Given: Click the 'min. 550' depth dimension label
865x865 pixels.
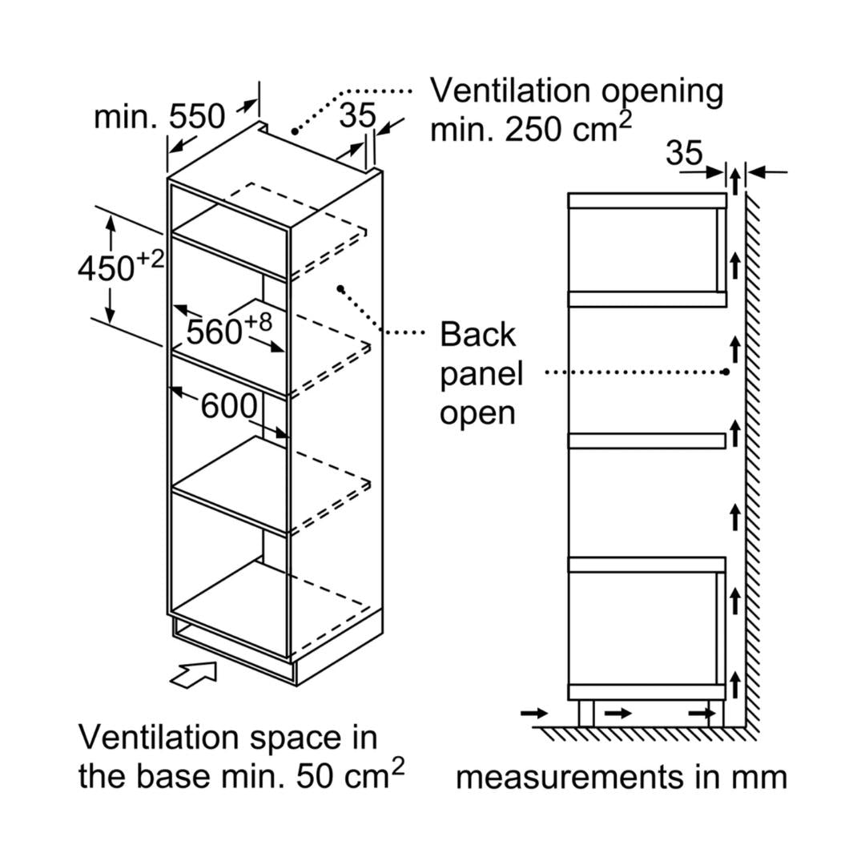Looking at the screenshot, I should (x=159, y=117).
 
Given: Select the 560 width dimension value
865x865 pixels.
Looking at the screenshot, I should (x=214, y=331).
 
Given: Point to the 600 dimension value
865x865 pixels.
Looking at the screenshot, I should (x=228, y=407).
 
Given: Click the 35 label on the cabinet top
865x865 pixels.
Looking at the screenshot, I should (x=356, y=116).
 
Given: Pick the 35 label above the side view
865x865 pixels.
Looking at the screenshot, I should (x=683, y=153).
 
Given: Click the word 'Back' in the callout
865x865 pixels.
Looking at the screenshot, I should (x=477, y=335).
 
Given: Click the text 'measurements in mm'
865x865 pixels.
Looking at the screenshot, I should (x=621, y=777).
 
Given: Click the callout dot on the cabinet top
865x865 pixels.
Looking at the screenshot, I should (x=295, y=130).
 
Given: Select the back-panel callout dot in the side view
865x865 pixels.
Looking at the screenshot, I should (x=725, y=372).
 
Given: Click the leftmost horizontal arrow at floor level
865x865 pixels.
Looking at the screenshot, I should (x=533, y=713).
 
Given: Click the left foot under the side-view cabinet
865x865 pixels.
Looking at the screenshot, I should (x=586, y=713).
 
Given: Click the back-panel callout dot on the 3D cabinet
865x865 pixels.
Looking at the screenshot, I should (x=340, y=288).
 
